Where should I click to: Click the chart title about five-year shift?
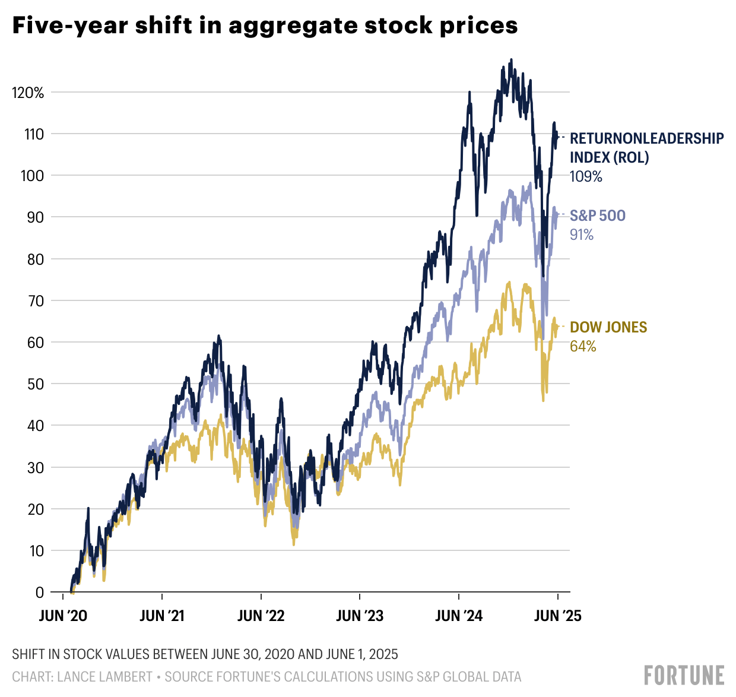(265, 26)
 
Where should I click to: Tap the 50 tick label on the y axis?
(36, 384)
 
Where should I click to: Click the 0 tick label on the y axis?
(39, 593)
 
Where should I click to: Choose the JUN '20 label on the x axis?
(63, 616)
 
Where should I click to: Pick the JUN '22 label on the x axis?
(261, 616)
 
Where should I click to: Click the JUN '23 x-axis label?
(360, 616)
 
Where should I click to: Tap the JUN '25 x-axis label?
(557, 616)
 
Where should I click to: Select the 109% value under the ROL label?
(586, 176)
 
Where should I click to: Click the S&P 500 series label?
(598, 216)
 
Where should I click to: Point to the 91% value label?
(582, 235)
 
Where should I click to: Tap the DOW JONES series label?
(608, 327)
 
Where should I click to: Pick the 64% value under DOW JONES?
(583, 347)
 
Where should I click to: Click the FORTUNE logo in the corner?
(684, 676)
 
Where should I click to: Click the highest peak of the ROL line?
(511, 60)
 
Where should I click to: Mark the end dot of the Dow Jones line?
(557, 327)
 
